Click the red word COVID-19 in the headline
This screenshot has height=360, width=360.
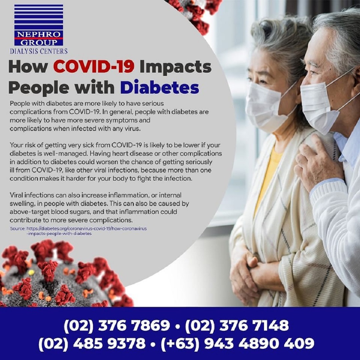[x=94, y=67]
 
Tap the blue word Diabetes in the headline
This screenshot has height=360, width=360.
[x=160, y=87]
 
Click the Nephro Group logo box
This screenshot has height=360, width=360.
[x=39, y=25]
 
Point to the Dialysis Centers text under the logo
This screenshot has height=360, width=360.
[x=39, y=51]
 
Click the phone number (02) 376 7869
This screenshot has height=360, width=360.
[x=117, y=326]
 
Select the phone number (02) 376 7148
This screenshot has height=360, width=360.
[x=237, y=326]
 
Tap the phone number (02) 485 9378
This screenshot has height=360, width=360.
[x=92, y=344]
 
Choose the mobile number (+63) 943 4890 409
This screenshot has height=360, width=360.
[x=237, y=344]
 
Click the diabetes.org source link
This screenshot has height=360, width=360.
[x=87, y=231]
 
